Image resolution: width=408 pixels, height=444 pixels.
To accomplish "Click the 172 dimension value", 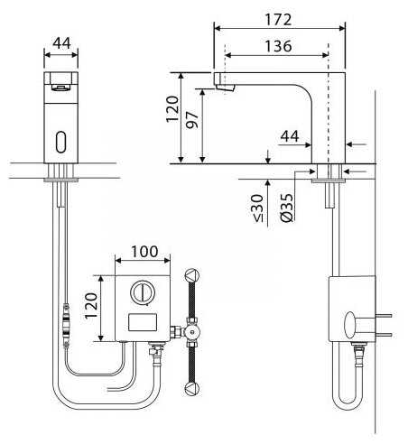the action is [278, 20].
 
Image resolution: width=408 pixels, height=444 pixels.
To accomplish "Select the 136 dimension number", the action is [278, 46].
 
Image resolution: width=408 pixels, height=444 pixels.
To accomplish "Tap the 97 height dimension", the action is [192, 120].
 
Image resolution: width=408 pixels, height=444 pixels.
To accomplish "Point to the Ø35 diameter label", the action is [287, 208].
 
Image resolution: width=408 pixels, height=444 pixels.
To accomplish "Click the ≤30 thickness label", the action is [258, 208].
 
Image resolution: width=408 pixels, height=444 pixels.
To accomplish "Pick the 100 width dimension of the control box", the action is [144, 252].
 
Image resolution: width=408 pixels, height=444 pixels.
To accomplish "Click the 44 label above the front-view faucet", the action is [61, 43].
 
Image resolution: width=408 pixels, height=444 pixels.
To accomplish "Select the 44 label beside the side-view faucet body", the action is [290, 136].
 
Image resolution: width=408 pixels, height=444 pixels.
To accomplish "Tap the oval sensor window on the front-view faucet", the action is [61, 142].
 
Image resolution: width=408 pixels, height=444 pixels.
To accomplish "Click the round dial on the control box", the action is [143, 291].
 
